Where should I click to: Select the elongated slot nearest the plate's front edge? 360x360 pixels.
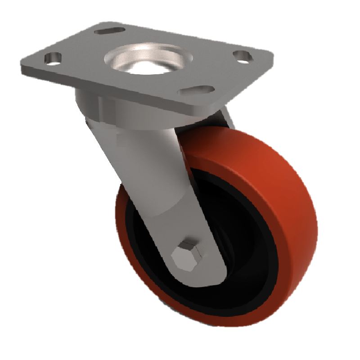click(x=196, y=90)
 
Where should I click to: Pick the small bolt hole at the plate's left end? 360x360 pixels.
click(x=54, y=58)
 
